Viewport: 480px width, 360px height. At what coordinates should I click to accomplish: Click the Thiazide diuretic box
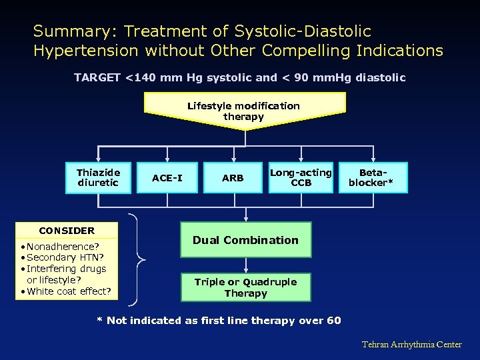point(97,177)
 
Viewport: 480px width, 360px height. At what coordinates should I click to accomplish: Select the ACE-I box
point(167,178)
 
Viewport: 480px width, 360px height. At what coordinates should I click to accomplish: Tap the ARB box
point(233,178)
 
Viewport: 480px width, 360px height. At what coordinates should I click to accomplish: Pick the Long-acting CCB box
point(301,177)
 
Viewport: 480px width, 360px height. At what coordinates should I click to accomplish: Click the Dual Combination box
point(245,240)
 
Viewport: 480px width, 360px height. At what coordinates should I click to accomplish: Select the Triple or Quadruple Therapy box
point(245,287)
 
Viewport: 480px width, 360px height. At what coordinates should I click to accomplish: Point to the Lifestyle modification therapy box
point(244,111)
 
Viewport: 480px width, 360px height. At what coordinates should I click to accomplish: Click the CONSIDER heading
point(67,231)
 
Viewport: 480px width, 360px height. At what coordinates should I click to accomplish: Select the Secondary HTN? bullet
point(61,257)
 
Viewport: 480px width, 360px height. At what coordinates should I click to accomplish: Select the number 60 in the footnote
point(334,321)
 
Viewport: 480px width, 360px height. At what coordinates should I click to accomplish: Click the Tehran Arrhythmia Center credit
point(411,345)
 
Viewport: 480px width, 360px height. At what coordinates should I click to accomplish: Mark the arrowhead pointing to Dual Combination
point(245,218)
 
